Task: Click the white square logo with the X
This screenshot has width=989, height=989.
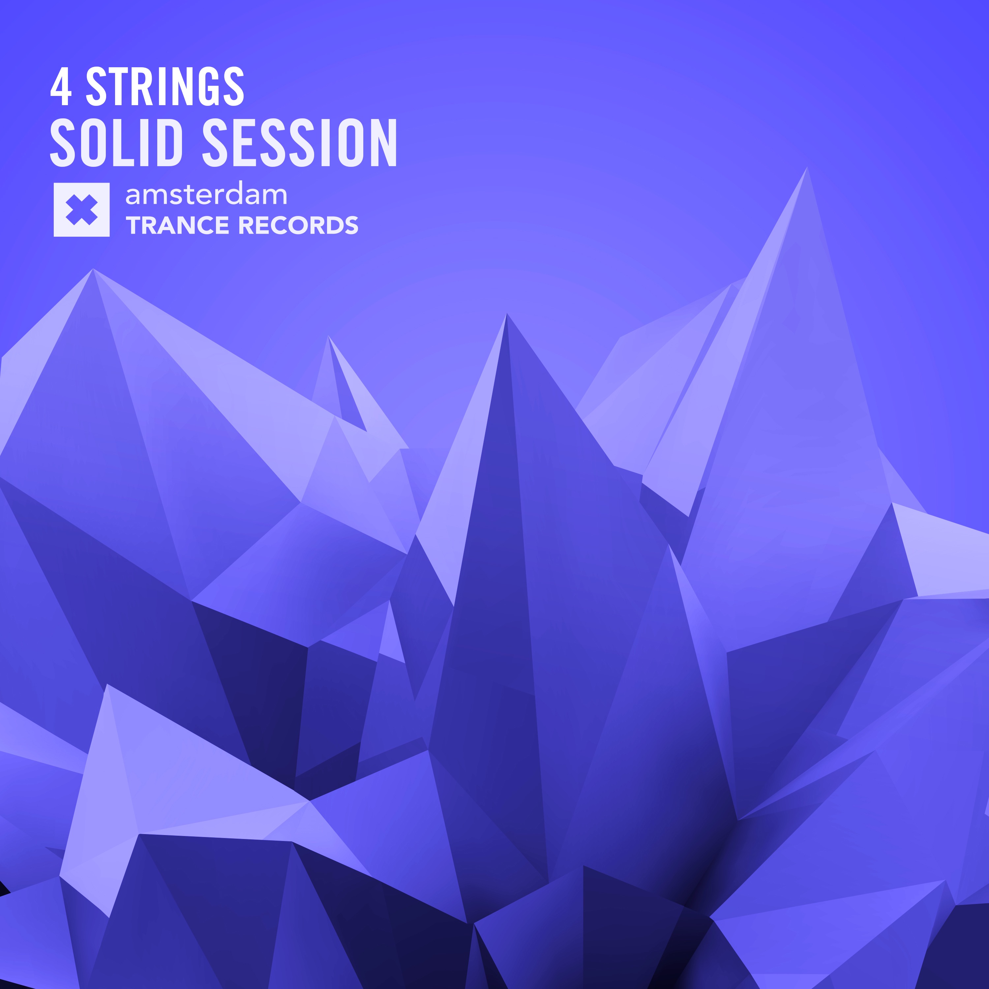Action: click(x=81, y=210)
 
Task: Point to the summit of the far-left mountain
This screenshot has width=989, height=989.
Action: click(x=93, y=269)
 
